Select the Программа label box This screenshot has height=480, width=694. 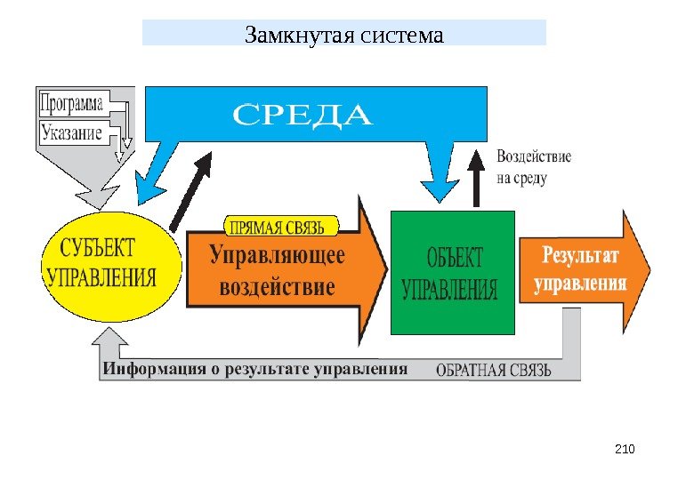point(72,103)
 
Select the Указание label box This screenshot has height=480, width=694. point(71,134)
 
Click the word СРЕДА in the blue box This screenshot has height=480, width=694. point(303,116)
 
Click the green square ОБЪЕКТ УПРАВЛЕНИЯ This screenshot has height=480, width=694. point(452,272)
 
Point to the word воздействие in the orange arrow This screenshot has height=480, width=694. point(277,287)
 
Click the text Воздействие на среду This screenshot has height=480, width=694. point(533,167)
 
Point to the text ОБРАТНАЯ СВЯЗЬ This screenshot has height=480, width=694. point(494,370)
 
